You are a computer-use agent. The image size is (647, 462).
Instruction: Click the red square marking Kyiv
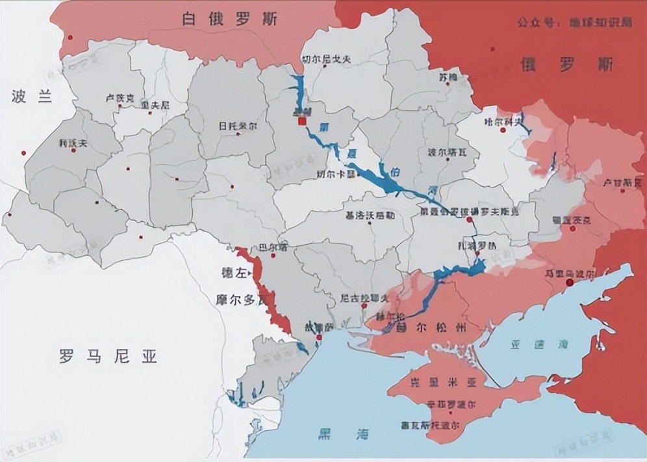pos(302,120)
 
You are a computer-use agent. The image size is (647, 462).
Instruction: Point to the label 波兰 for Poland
pos(31,97)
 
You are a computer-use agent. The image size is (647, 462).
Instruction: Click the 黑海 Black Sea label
pos(335,433)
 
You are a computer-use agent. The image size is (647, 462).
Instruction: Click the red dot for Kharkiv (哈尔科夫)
pos(503,130)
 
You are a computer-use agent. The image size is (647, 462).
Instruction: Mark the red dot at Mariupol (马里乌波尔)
pos(570,282)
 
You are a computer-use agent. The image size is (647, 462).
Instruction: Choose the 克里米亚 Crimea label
pos(445,383)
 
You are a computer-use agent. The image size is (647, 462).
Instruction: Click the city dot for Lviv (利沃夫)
pos(73,150)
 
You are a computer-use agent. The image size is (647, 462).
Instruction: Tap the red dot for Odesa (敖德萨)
pos(319,337)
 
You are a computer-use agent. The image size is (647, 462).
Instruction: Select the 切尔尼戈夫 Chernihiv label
pos(326,59)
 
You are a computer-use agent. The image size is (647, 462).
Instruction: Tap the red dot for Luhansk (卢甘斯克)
pos(607,192)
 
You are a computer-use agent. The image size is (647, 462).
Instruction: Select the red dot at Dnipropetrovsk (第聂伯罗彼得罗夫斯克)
pos(468,221)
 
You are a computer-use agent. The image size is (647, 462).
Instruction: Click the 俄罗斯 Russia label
pos(566,64)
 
